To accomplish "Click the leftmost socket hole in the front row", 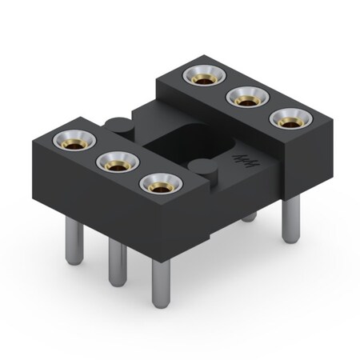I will (68, 142).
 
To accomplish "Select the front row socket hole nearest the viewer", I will (157, 184).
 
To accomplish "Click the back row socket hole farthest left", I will (201, 77).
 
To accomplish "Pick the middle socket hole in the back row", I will (244, 98).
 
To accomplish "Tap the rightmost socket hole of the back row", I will (288, 118).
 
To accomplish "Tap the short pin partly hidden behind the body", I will (250, 215).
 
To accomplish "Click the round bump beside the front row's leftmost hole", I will (117, 124).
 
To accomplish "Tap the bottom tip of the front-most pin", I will (161, 302).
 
